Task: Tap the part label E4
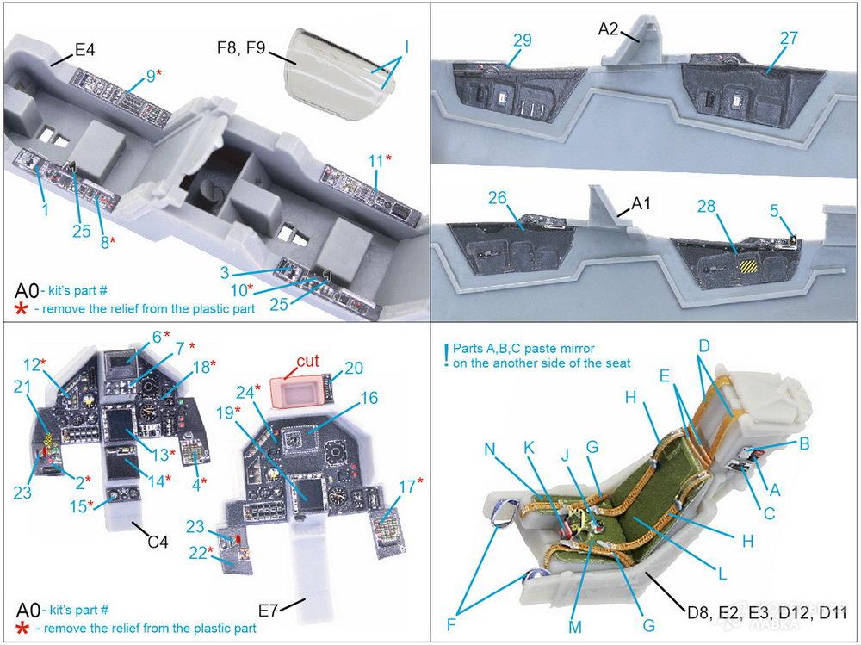tap(84, 50)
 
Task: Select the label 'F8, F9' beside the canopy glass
tap(241, 48)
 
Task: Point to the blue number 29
tap(523, 40)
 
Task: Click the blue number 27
tap(789, 39)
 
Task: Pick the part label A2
tap(608, 28)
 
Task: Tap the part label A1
tap(641, 204)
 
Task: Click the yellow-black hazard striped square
tap(748, 268)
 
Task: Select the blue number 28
tap(707, 207)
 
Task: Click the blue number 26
tap(498, 198)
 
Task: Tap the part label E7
tap(269, 610)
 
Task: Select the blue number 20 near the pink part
tap(354, 368)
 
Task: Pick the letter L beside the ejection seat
tap(722, 574)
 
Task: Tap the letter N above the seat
tap(490, 450)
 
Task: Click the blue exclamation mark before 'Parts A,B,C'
tap(448, 356)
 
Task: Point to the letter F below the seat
tap(451, 624)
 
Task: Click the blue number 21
tap(22, 388)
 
